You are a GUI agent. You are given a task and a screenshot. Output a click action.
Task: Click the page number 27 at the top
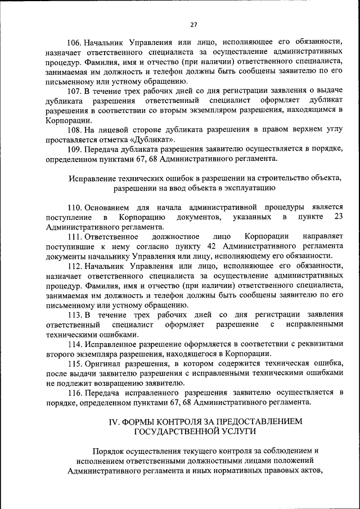coord(193,25)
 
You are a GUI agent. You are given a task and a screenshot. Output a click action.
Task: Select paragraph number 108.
coord(76,129)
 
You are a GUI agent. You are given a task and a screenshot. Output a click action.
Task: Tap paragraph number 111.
coord(76,236)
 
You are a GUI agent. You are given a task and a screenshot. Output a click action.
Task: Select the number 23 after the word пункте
coord(339,217)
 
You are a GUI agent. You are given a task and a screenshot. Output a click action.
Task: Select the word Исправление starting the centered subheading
coord(91,178)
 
